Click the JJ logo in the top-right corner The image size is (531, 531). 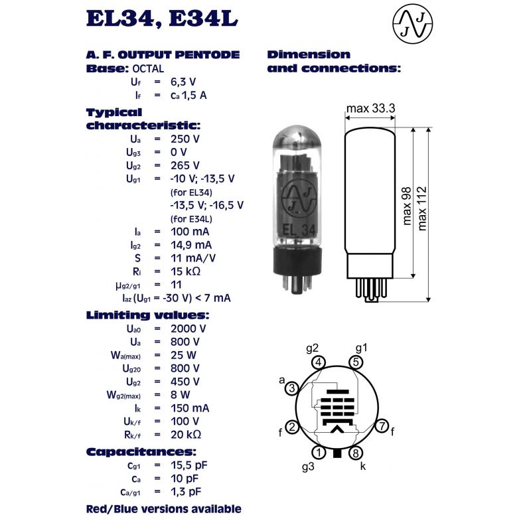coord(412,24)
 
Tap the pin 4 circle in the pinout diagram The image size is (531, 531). coord(319,362)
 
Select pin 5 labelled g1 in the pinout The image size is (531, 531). coord(356,362)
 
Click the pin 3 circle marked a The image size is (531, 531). coord(292,388)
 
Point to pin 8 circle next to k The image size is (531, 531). coord(356,453)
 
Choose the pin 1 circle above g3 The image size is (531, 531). coord(319,453)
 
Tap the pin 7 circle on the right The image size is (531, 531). coord(382,425)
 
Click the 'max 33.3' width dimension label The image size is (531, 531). coord(370,108)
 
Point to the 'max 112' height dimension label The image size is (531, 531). coord(422,208)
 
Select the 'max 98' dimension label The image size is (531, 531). coord(407,206)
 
